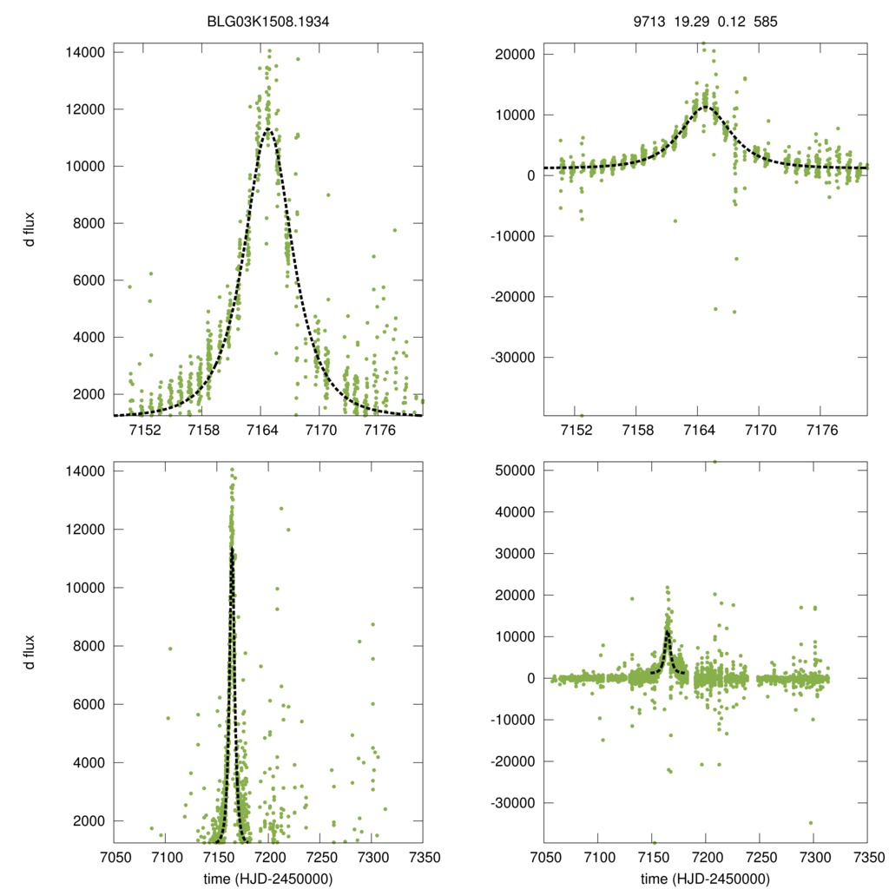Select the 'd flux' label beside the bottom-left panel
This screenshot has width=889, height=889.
tap(30, 652)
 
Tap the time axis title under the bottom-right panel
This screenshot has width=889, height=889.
tap(706, 878)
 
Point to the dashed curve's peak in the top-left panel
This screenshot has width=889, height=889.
tap(268, 128)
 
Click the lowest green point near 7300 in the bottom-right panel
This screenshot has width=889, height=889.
tap(811, 823)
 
